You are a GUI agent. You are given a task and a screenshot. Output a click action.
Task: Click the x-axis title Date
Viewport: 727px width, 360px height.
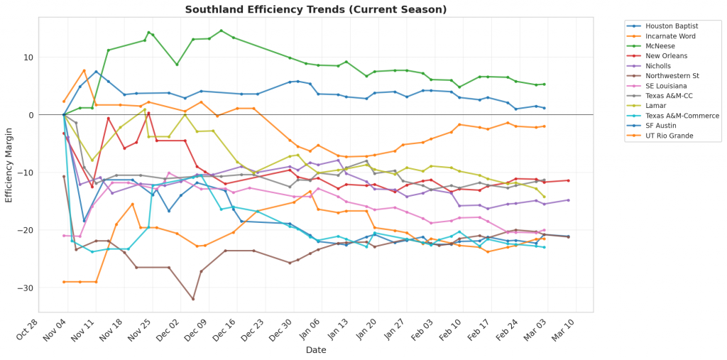(x=316, y=350)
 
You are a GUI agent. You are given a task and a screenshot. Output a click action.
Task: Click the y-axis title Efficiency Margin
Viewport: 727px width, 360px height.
(x=9, y=164)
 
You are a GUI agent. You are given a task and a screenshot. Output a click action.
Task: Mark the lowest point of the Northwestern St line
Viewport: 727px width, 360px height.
(x=193, y=299)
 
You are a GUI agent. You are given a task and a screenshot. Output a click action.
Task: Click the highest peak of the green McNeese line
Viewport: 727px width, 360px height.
(x=221, y=31)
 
